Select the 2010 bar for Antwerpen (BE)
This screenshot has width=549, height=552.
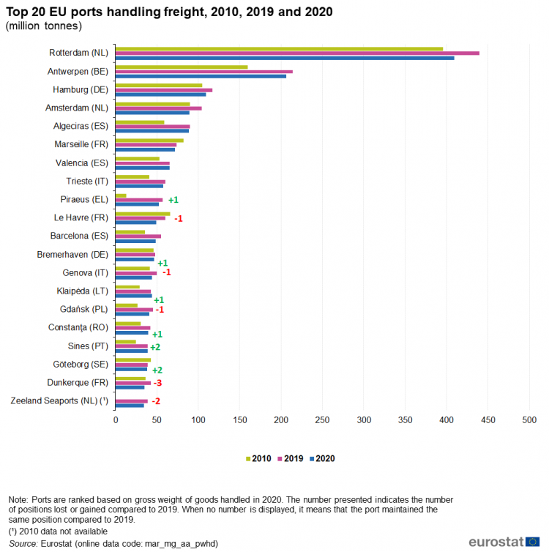tap(182, 67)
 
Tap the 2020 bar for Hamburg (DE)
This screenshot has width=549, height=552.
tap(160, 94)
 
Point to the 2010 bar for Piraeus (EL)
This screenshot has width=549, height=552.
tap(121, 195)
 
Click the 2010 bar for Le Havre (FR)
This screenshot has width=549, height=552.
tap(143, 214)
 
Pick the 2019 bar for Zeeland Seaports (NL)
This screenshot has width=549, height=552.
tap(132, 401)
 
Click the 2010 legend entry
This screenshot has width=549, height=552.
tap(258, 458)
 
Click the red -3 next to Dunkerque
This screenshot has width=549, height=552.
tap(157, 383)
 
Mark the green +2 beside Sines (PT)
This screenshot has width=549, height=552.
tap(155, 347)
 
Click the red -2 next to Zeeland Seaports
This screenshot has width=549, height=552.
tap(156, 401)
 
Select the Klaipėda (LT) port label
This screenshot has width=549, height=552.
tap(82, 291)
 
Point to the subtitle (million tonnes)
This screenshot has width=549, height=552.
tap(44, 26)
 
